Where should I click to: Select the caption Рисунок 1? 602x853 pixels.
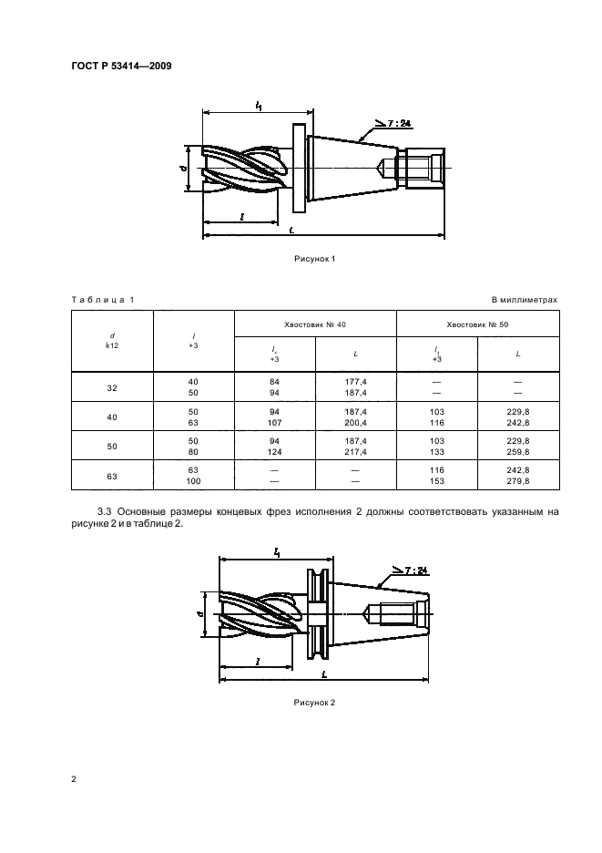[314, 259]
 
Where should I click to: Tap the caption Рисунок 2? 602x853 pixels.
[314, 703]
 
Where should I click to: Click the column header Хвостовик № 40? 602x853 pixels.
[315, 324]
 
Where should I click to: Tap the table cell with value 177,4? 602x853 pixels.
[355, 381]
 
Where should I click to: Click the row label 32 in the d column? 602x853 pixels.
[112, 387]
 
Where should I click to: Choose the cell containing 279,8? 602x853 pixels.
[517, 479]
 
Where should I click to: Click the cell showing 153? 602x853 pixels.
[436, 479]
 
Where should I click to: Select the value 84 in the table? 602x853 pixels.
[274, 381]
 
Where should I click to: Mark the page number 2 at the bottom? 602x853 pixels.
[74, 780]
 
